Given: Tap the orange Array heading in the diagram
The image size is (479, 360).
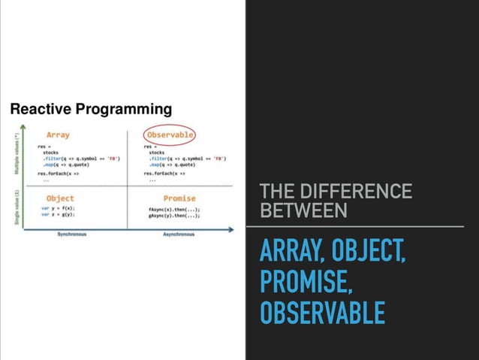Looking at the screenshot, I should pyautogui.click(x=58, y=135).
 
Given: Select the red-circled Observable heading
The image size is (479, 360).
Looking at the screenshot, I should pyautogui.click(x=170, y=135).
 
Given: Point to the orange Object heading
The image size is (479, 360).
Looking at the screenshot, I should pyautogui.click(x=59, y=198).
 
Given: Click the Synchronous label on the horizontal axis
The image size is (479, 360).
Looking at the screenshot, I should pyautogui.click(x=72, y=234).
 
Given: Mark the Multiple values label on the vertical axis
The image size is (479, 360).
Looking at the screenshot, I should pyautogui.click(x=16, y=153).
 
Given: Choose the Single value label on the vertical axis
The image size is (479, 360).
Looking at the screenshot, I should pyautogui.click(x=16, y=205).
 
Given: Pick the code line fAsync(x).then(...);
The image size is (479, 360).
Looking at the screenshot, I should pyautogui.click(x=174, y=208).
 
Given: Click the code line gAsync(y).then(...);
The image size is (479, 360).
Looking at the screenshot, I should pyautogui.click(x=174, y=215).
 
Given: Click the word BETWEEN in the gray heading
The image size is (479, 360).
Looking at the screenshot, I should pyautogui.click(x=303, y=211).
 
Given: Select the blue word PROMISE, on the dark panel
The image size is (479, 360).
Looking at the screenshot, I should pyautogui.click(x=305, y=281).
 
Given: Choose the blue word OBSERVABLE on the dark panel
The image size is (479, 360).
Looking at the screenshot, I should pyautogui.click(x=322, y=312).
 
